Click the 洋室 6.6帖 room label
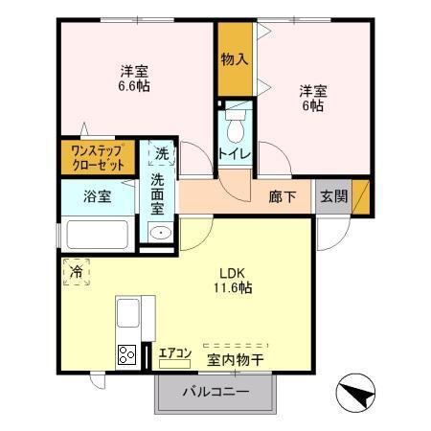click(x=135, y=78)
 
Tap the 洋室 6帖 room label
click(x=313, y=99)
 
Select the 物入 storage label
click(x=235, y=59)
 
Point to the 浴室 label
click(x=97, y=197)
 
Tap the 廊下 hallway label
click(x=283, y=197)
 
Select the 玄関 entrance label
click(x=333, y=197)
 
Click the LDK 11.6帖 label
click(x=234, y=279)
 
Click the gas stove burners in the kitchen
click(x=126, y=354)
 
